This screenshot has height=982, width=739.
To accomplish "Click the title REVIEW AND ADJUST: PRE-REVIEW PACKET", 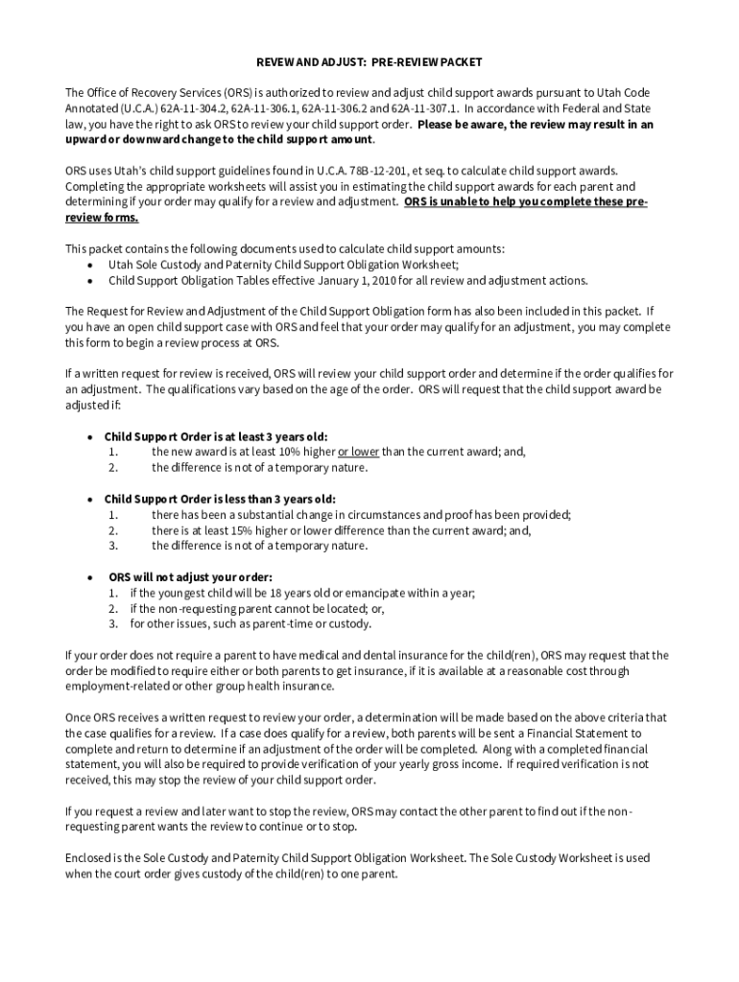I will coord(369,61).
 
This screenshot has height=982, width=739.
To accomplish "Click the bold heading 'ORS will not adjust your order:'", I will coord(190,577).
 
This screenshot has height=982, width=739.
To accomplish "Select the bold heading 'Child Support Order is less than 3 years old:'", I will coord(220,499).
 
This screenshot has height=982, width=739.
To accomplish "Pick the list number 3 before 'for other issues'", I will coord(112,623).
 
